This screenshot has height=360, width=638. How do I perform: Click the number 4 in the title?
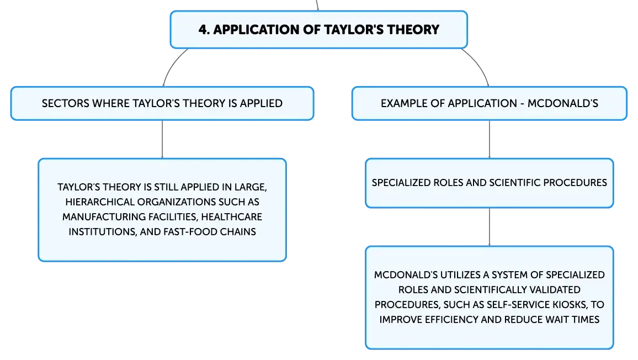point(203,30)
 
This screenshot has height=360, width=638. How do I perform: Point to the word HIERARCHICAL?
point(100,202)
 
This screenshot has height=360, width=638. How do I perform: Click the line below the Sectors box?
point(162,139)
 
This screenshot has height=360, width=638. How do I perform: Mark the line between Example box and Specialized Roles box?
point(490,139)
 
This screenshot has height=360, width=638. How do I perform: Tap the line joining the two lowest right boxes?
point(490,227)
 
